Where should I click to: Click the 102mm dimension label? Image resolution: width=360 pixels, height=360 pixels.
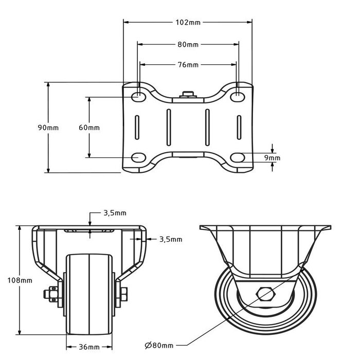click(x=188, y=22)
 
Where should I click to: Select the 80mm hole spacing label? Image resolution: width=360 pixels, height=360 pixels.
click(x=188, y=45)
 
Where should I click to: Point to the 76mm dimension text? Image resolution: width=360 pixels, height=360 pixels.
click(x=188, y=65)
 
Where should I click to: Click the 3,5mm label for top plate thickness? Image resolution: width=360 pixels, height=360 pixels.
click(x=115, y=212)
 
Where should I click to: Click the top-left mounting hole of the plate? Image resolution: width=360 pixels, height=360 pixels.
click(x=138, y=96)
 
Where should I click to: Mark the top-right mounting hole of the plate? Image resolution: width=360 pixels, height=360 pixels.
click(x=238, y=96)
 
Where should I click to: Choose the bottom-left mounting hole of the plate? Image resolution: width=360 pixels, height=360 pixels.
click(x=138, y=157)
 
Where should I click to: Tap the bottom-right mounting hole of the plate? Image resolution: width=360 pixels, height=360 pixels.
click(x=238, y=157)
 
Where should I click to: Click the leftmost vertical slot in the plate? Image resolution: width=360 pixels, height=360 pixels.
click(x=137, y=127)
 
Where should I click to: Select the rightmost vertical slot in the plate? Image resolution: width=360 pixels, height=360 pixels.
click(x=239, y=127)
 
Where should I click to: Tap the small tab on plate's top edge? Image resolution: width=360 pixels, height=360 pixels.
click(x=188, y=94)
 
